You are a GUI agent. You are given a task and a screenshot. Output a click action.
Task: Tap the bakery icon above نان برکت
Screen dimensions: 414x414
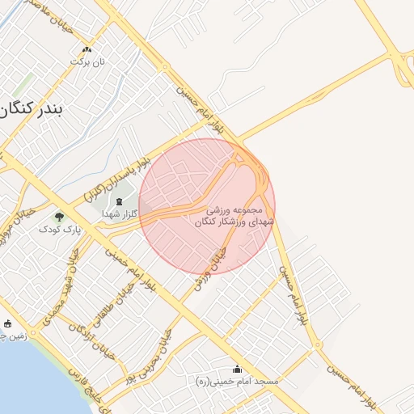pyautogui.click(x=87, y=49)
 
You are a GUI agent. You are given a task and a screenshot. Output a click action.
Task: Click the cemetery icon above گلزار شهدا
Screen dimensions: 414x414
pyautogui.click(x=120, y=201)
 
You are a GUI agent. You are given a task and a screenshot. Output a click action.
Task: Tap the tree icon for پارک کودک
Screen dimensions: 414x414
pyautogui.click(x=59, y=217)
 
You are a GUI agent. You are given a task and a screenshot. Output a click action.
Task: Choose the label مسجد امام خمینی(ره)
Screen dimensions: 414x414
pyautogui.click(x=237, y=380)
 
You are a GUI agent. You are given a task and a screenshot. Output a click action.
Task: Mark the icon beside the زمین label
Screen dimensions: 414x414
pyautogui.click(x=7, y=323)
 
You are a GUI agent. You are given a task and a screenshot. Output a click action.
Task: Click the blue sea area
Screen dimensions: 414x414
pyautogui.click(x=20, y=380)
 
